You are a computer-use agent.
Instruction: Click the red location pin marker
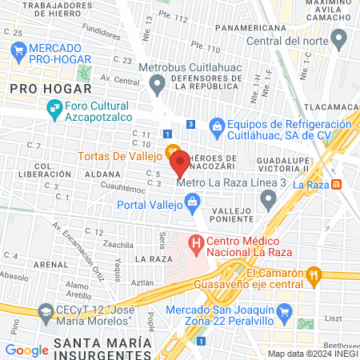coord(180,163)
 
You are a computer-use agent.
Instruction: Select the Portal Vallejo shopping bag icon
coord(193,204)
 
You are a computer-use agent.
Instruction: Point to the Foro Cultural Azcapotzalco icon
coord(54,106)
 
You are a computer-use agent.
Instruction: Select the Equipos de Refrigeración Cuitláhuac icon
coord(216,126)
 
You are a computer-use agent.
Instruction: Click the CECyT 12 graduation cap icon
coord(46,310)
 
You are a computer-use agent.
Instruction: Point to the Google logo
coord(26,350)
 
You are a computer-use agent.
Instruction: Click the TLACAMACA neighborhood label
coord(329,106)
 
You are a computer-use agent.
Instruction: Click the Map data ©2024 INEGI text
coord(312,354)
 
